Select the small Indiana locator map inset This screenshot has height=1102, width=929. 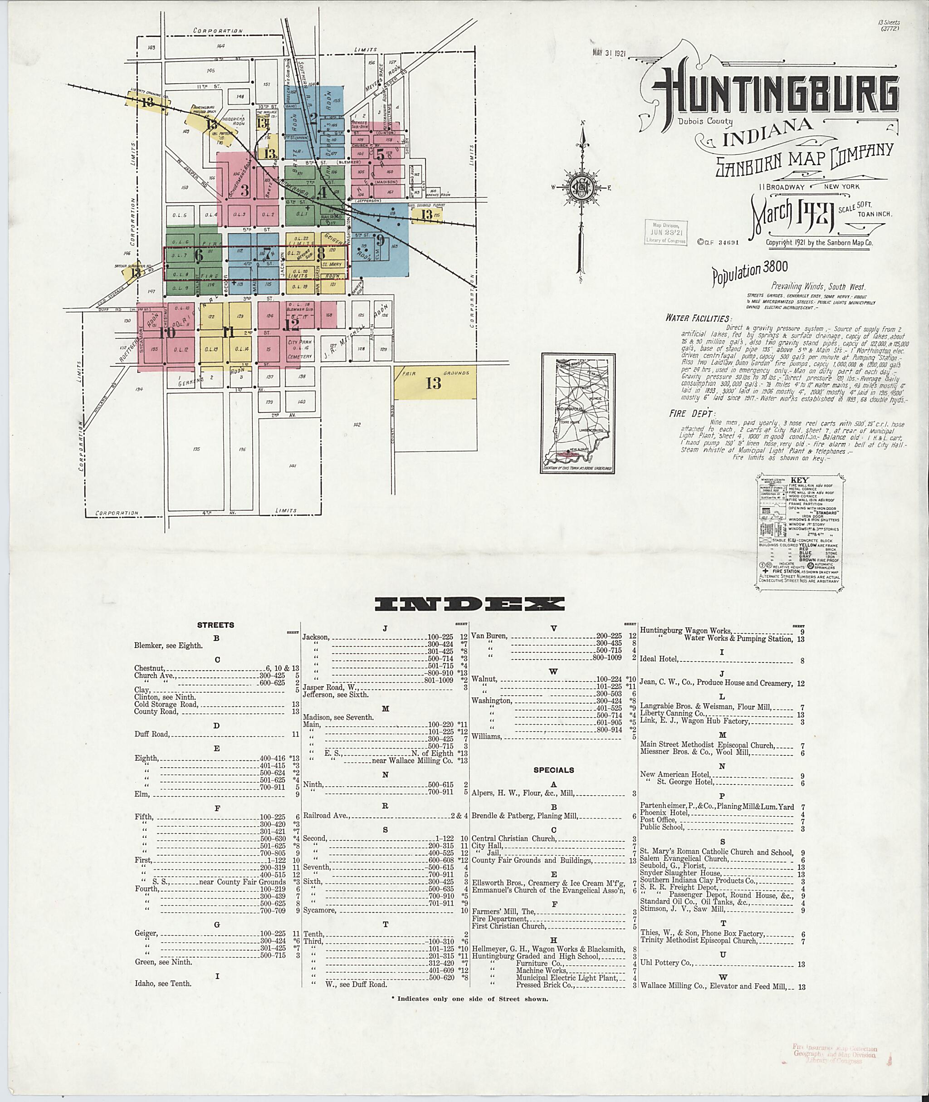click(x=578, y=412)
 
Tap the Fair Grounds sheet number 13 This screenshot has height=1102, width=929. click(x=434, y=383)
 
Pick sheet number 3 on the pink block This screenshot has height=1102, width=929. click(x=244, y=190)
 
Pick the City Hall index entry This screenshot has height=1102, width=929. click(x=487, y=846)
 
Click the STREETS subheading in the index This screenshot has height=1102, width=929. click(x=215, y=625)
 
